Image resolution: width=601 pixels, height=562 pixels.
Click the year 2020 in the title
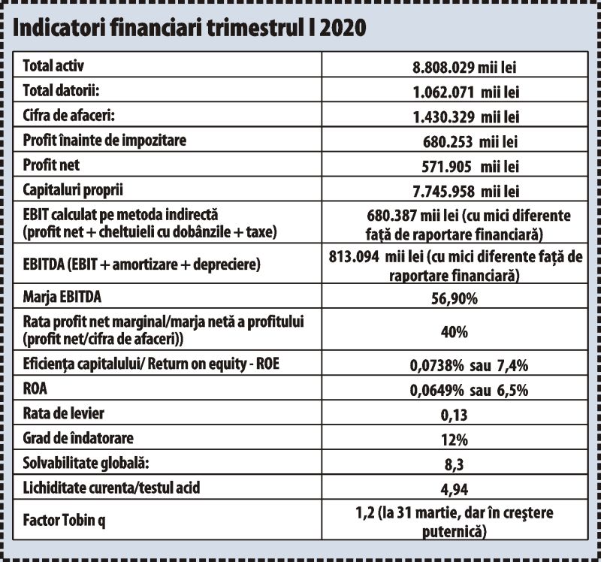343,28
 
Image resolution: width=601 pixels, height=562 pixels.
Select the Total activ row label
53,65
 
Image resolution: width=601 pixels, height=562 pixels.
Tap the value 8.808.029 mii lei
464,68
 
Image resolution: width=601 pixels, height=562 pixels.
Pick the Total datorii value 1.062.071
443,92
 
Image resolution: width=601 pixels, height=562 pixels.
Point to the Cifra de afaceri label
68,115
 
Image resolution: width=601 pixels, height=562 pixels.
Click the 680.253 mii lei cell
470,142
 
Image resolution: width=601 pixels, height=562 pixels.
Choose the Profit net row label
51,165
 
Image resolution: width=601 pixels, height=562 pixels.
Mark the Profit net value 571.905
446,167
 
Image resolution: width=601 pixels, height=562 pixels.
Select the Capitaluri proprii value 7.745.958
443,192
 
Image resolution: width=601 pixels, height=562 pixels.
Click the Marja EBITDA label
62,297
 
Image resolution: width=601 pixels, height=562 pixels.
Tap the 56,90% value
455,298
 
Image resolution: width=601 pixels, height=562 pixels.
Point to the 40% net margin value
455,331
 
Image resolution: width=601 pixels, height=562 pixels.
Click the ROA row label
35,388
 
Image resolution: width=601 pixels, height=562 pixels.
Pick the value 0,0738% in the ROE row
436,365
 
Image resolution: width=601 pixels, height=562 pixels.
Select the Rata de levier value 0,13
455,415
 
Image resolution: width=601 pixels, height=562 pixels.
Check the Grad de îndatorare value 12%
455,440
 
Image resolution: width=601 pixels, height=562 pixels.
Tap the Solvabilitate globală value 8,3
455,464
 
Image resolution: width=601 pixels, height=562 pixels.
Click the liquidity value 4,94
455,490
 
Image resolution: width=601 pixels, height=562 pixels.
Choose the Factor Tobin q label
64,520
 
